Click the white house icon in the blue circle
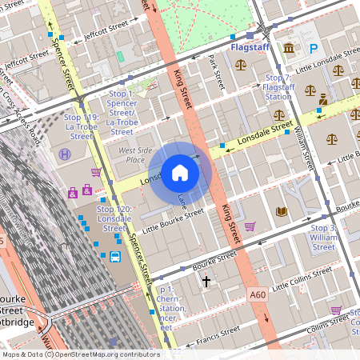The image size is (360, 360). [180, 173]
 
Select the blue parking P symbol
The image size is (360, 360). [314, 49]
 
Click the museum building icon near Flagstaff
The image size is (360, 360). [287, 50]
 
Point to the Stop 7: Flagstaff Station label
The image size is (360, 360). [278, 86]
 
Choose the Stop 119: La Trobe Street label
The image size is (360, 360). [80, 126]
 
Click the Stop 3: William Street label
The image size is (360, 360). [323, 238]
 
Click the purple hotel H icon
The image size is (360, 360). [65, 154]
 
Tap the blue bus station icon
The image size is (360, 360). [115, 257]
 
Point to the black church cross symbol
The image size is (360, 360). [206, 282]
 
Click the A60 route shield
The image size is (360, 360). [256, 294]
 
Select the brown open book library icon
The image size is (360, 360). [281, 212]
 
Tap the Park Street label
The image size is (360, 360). [214, 71]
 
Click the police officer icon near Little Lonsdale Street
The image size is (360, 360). [323, 100]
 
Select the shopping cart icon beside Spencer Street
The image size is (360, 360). [96, 172]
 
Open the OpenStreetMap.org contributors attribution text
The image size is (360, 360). [104, 354]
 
